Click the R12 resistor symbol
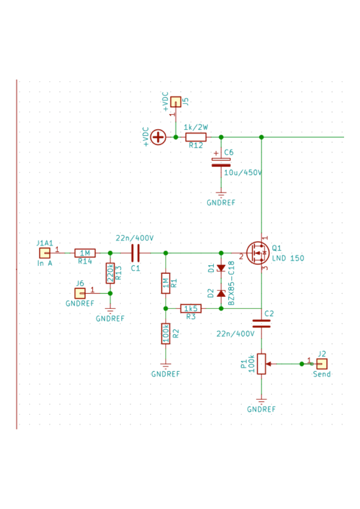tap(196, 137)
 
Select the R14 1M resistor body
tap(85, 253)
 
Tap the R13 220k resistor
tap(110, 273)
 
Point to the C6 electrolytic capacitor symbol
tap(221, 162)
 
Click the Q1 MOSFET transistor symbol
tap(258, 254)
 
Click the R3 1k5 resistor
tap(191, 308)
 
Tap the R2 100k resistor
tap(166, 334)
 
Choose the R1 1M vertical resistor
tap(166, 283)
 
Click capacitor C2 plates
tap(262, 324)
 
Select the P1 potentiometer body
tap(262, 363)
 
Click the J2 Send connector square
tap(322, 363)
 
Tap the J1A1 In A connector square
tap(45, 253)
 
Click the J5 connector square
tap(176, 102)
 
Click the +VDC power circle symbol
tap(158, 137)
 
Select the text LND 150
tap(288, 258)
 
